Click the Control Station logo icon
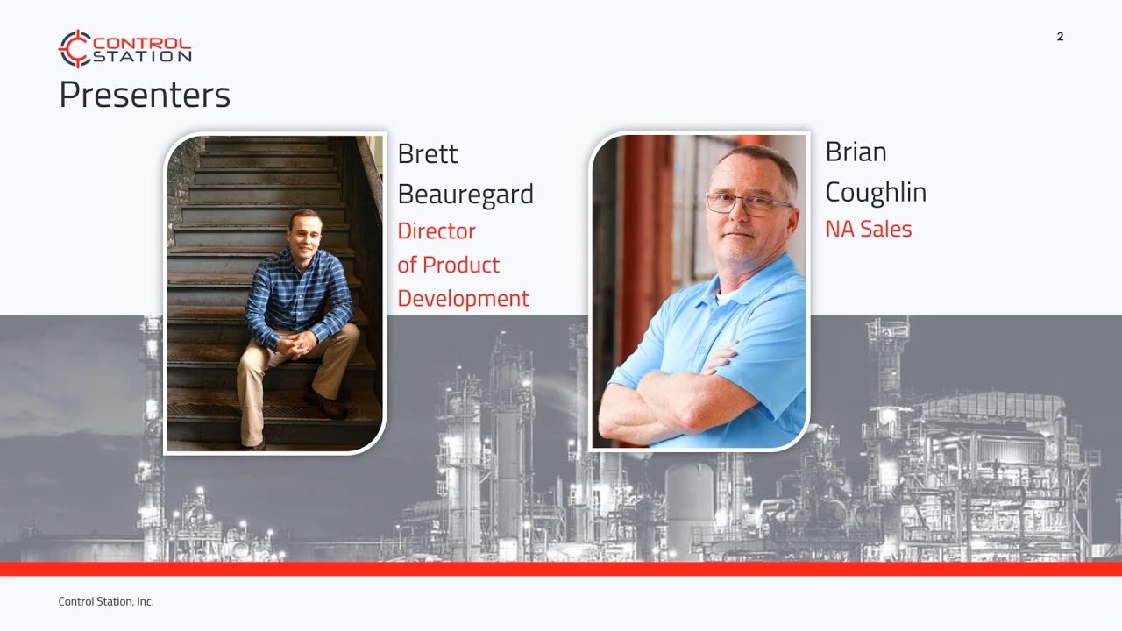75,48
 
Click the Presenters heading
145,95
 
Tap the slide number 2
1060,37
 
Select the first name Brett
428,153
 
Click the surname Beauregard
465,195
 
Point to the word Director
437,231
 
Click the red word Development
463,299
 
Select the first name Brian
856,152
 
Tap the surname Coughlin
876,193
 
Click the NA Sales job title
869,230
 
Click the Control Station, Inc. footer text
106,601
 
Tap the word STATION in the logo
141,57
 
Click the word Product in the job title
461,265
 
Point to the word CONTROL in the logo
141,42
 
